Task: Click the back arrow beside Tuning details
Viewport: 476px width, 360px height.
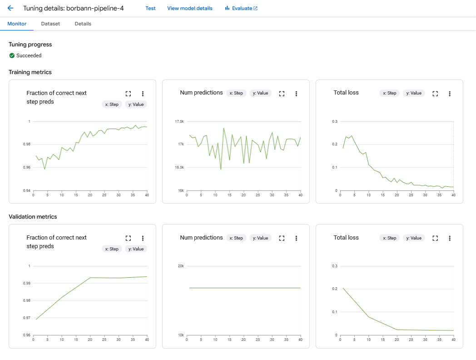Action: pyautogui.click(x=10, y=8)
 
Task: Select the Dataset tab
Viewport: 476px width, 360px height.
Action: pyautogui.click(x=50, y=24)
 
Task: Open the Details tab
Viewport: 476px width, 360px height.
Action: pyautogui.click(x=83, y=24)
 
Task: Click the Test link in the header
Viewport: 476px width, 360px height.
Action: pyautogui.click(x=150, y=8)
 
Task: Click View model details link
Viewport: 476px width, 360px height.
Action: pyautogui.click(x=189, y=8)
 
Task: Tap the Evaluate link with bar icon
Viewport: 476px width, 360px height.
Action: pyautogui.click(x=241, y=8)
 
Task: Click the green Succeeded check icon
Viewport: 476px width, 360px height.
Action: pyautogui.click(x=12, y=55)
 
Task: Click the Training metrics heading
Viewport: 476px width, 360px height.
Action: pyautogui.click(x=30, y=72)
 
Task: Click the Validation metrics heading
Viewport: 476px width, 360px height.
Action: pyautogui.click(x=33, y=217)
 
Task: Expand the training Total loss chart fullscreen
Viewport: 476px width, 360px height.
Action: pyautogui.click(x=435, y=93)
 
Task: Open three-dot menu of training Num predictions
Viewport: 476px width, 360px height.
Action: pyautogui.click(x=296, y=93)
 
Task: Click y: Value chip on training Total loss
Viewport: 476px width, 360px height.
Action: pyautogui.click(x=414, y=93)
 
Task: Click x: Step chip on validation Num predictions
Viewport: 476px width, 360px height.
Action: pyautogui.click(x=236, y=238)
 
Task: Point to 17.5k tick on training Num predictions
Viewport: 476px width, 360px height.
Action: pyautogui.click(x=179, y=121)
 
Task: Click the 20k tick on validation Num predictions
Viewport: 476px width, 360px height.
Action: pyautogui.click(x=180, y=266)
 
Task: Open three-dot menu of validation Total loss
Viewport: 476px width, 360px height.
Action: pyautogui.click(x=450, y=238)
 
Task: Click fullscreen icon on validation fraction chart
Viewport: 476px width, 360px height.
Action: pyautogui.click(x=128, y=238)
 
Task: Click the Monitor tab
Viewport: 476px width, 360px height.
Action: pyautogui.click(x=17, y=24)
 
